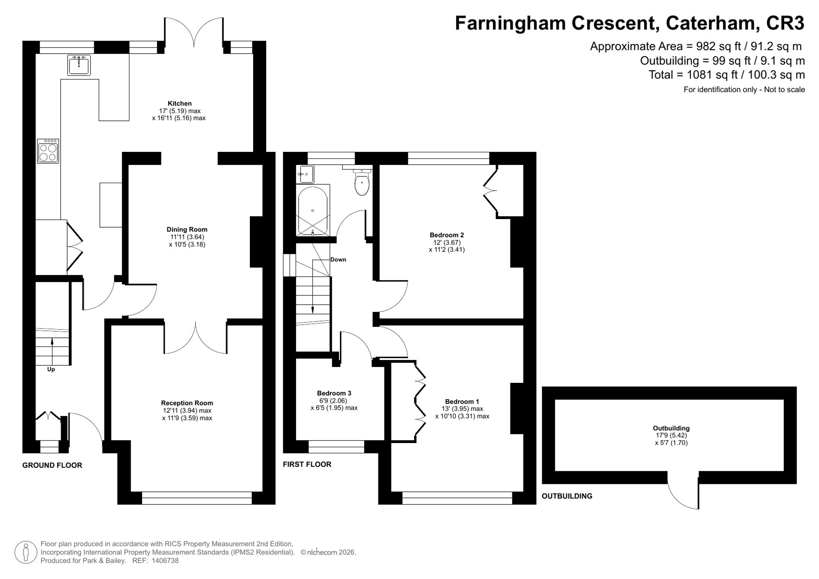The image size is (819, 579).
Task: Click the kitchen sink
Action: (79, 65)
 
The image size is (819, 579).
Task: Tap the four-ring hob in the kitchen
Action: (48, 151)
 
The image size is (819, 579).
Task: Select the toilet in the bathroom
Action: (362, 182)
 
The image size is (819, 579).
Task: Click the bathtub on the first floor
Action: (313, 210)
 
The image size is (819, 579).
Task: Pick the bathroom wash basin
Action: (305, 174)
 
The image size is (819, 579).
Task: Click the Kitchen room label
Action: (179, 104)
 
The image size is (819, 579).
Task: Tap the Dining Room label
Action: (187, 230)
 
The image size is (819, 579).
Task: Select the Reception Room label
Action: (187, 403)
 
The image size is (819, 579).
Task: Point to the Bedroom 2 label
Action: (447, 235)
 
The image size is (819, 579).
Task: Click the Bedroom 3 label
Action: (334, 393)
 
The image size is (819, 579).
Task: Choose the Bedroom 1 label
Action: (462, 402)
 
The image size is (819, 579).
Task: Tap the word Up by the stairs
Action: (51, 369)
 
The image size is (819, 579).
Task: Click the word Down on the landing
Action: (338, 260)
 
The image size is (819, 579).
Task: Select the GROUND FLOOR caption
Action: (52, 465)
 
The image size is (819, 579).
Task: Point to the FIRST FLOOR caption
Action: (307, 464)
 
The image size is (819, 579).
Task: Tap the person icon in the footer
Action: (26, 552)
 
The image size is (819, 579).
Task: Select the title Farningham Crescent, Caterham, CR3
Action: (629, 23)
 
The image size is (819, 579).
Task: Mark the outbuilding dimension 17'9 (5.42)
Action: (671, 435)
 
